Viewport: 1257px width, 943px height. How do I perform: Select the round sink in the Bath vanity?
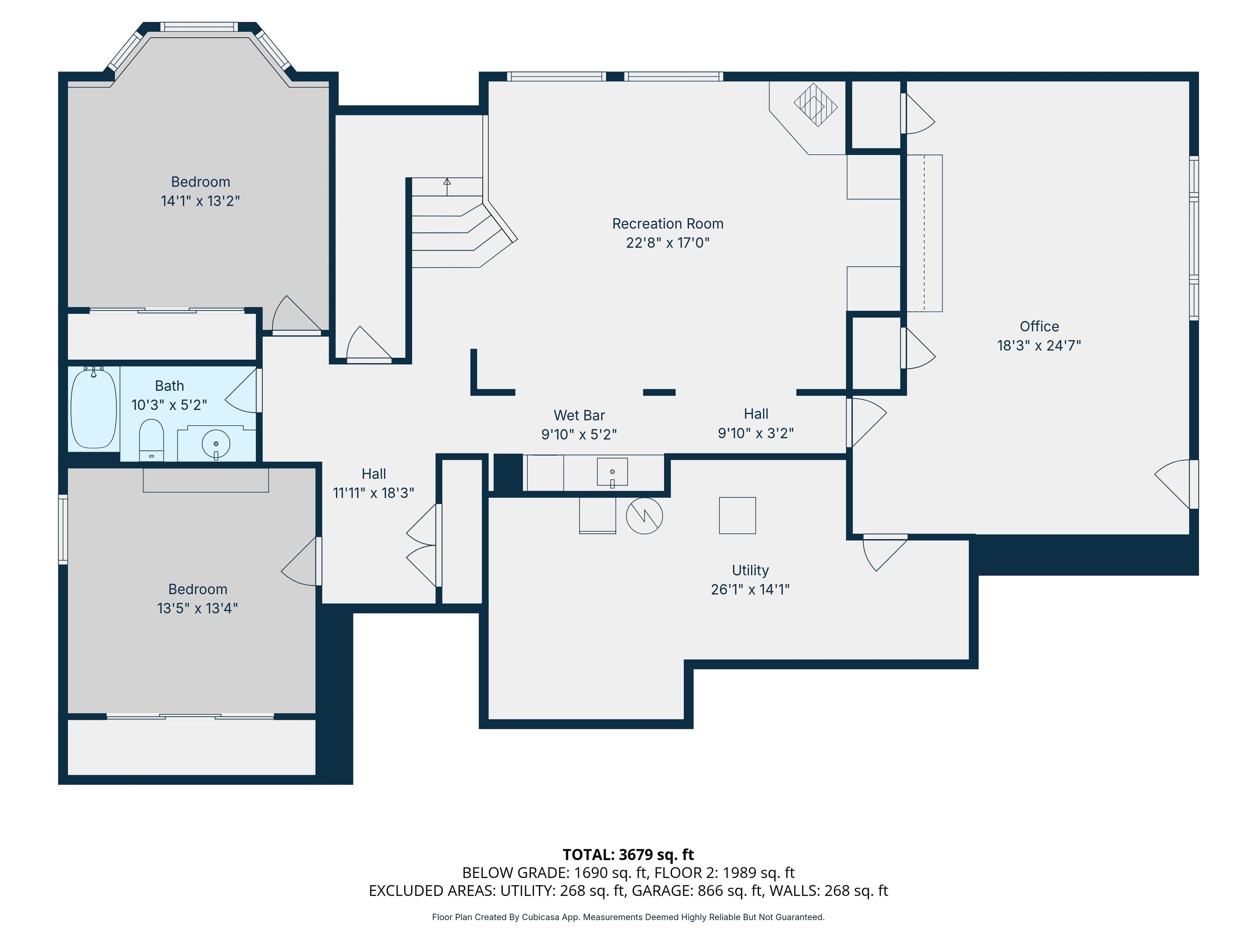pos(216,443)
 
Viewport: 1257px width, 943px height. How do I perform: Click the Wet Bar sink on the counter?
pos(612,472)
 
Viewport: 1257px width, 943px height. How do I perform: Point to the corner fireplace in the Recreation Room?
pos(815,105)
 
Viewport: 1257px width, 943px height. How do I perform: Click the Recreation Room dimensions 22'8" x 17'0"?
pos(668,243)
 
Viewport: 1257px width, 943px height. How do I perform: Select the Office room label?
pos(1039,326)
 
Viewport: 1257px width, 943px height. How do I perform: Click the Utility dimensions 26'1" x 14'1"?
pos(750,589)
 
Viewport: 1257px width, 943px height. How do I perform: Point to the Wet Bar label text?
pos(579,415)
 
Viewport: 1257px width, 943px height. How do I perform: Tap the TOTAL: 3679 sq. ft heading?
pos(628,854)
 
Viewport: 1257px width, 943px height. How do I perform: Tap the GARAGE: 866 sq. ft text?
pos(697,891)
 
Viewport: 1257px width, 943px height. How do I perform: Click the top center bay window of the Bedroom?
pos(199,27)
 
